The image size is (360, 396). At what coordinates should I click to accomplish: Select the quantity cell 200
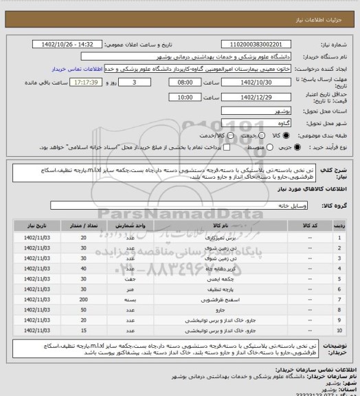pyautogui.click(x=82, y=300)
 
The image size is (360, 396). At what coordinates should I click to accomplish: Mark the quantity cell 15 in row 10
pyautogui.click(x=82, y=331)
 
